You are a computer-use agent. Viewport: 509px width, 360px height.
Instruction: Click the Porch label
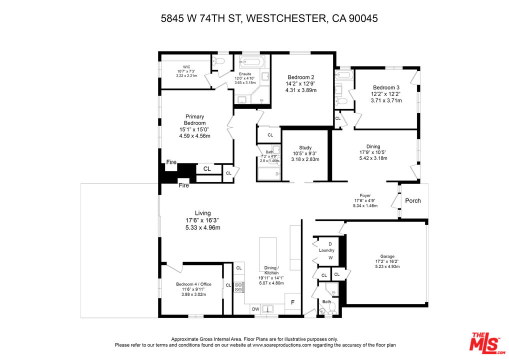click(x=412, y=200)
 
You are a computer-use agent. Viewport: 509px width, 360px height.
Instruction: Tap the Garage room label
click(x=387, y=256)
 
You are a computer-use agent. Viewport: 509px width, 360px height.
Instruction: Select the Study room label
click(x=305, y=147)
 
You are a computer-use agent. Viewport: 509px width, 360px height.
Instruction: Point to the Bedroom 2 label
click(x=301, y=77)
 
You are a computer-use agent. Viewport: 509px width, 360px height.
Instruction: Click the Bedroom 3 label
click(x=386, y=87)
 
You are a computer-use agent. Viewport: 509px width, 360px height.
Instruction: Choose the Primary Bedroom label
click(x=195, y=120)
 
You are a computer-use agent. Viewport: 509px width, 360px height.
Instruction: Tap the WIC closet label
click(x=186, y=67)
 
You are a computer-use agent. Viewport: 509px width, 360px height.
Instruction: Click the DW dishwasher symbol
click(x=256, y=309)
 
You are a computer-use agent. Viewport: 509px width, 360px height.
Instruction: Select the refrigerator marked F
click(x=292, y=302)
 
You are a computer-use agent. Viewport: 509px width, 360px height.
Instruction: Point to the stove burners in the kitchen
click(x=238, y=287)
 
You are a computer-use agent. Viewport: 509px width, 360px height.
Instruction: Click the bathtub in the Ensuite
click(x=251, y=61)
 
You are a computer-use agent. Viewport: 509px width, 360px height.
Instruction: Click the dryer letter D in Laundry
click(x=330, y=244)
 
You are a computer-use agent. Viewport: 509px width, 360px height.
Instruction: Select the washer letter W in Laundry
click(x=330, y=257)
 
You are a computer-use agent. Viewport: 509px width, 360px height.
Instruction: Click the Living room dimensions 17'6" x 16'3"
click(x=203, y=220)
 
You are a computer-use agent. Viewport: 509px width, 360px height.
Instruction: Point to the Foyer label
click(x=365, y=195)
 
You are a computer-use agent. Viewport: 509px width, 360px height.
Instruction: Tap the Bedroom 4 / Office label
click(x=194, y=284)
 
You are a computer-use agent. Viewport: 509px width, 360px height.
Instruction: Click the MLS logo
click(x=487, y=343)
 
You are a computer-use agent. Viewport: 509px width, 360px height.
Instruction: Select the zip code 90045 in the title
click(x=363, y=18)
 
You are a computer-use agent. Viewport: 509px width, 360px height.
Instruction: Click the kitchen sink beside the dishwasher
click(x=268, y=309)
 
